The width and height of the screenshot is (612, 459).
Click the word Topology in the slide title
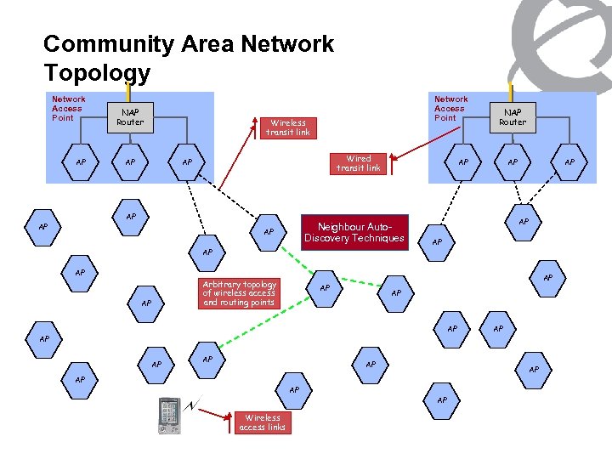pos(97,73)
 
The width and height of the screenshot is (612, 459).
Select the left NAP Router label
pos(130,116)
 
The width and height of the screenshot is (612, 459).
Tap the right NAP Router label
pos(513,116)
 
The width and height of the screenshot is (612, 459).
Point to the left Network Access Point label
pos(68,108)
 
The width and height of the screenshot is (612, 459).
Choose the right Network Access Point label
pos(450,108)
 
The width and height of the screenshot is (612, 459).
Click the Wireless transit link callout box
pos(288,127)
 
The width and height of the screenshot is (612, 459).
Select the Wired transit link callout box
pos(358,163)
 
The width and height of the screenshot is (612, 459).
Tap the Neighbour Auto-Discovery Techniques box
pos(354,232)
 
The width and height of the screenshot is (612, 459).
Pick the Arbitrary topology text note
pos(239,293)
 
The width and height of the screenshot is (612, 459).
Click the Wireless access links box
pos(263,422)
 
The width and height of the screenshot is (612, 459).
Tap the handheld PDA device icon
pos(169,415)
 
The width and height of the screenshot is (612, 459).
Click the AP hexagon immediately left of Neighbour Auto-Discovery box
pos(269,232)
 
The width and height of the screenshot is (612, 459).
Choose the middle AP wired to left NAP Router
pos(130,162)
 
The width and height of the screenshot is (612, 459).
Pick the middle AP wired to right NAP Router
pos(513,162)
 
